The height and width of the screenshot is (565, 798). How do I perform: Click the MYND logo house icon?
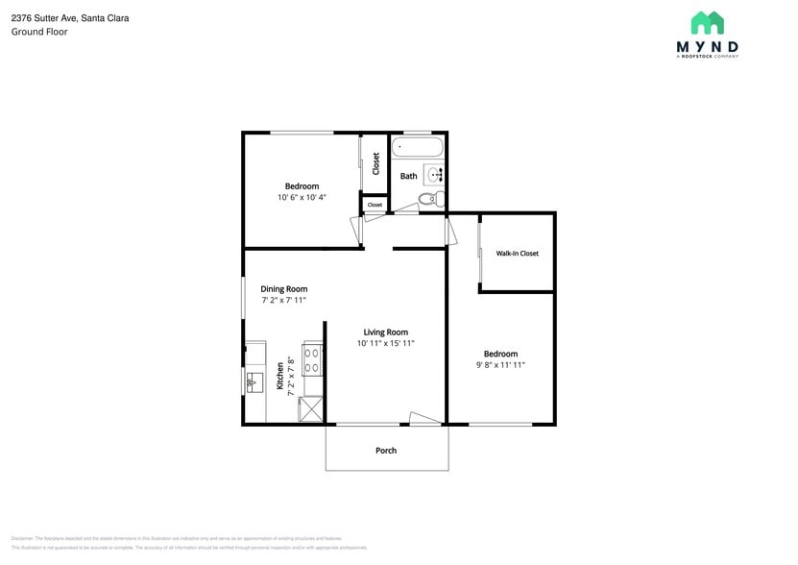pyautogui.click(x=707, y=23)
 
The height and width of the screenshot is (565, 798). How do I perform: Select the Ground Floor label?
pyautogui.click(x=39, y=32)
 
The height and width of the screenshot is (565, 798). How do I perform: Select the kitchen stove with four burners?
pyautogui.click(x=313, y=360)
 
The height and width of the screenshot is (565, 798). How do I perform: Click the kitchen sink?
pyautogui.click(x=254, y=383)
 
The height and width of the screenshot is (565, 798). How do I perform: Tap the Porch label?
pyautogui.click(x=386, y=450)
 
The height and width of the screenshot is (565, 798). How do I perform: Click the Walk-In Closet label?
pyautogui.click(x=517, y=254)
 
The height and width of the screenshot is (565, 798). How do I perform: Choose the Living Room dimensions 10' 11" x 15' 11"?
pyautogui.click(x=386, y=343)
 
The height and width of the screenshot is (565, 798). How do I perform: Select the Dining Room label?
pyautogui.click(x=284, y=288)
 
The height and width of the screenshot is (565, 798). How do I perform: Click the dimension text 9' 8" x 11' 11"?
pyautogui.click(x=500, y=365)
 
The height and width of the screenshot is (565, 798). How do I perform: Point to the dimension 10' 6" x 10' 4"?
pyautogui.click(x=302, y=198)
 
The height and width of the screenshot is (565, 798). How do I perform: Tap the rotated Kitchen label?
pyautogui.click(x=280, y=375)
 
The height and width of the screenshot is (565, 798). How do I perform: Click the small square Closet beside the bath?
pyautogui.click(x=375, y=205)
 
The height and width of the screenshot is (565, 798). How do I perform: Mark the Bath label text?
pyautogui.click(x=409, y=176)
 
